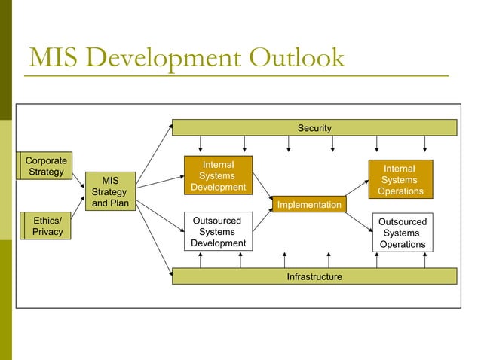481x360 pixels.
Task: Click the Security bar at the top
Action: pyautogui.click(x=314, y=128)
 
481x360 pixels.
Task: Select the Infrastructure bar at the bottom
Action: pyautogui.click(x=314, y=276)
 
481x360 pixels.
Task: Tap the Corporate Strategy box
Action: pyautogui.click(x=46, y=166)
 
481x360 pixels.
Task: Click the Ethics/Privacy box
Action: pyautogui.click(x=47, y=226)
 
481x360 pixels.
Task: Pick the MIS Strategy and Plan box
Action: pyautogui.click(x=110, y=192)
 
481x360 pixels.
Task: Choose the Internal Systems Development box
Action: pyautogui.click(x=218, y=175)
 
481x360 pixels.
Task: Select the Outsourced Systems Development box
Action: pyautogui.click(x=218, y=232)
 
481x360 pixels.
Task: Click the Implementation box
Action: pyautogui.click(x=309, y=205)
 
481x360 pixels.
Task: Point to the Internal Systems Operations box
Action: pyautogui.click(x=400, y=180)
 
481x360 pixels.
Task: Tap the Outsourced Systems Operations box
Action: pyautogui.click(x=402, y=233)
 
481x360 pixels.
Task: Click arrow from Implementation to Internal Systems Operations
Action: pyautogui.click(x=357, y=185)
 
